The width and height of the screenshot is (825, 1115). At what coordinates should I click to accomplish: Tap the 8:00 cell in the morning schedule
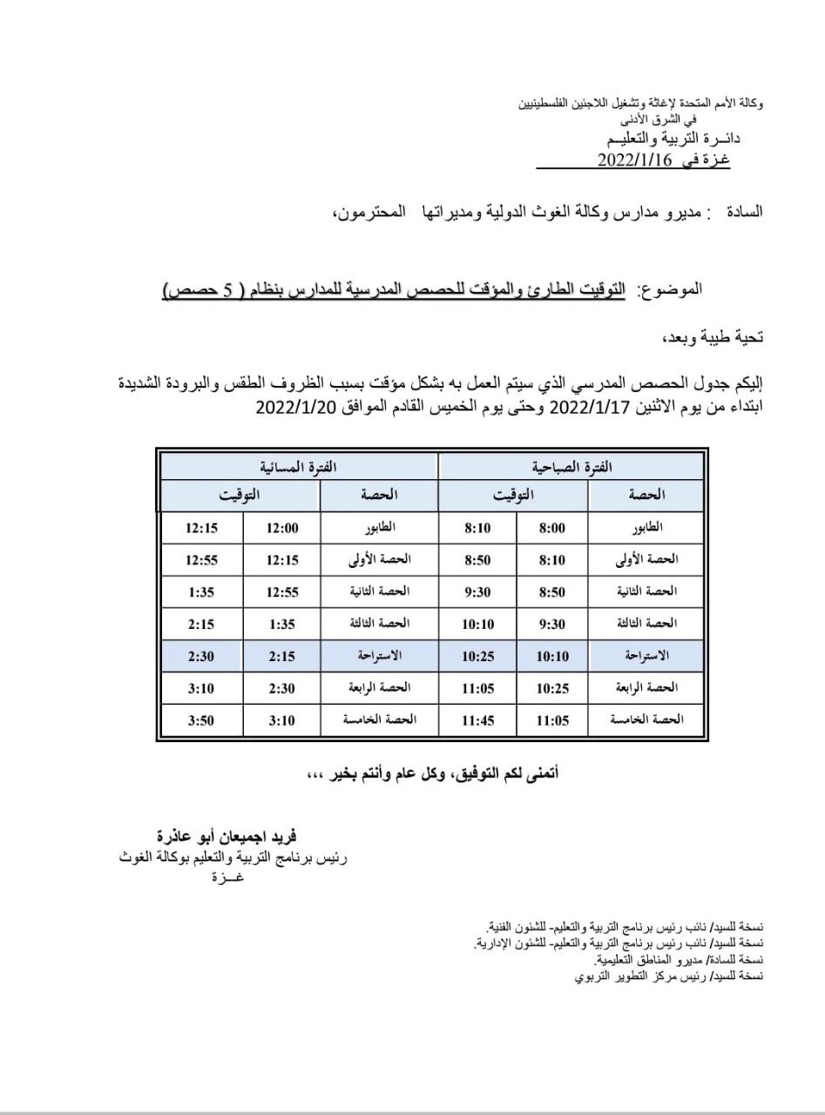point(552,528)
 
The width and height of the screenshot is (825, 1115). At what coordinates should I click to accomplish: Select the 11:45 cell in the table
point(478,720)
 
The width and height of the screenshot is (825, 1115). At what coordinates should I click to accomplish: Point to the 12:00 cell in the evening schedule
point(281,528)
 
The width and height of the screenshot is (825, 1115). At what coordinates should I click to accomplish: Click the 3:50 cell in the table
point(202,720)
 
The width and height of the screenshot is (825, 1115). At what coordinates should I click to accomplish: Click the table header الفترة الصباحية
point(571,467)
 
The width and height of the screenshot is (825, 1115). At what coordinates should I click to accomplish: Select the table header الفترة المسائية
point(299,467)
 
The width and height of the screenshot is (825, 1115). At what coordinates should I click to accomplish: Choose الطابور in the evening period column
point(380,528)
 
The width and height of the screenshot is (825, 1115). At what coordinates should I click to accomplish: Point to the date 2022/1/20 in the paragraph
point(298,406)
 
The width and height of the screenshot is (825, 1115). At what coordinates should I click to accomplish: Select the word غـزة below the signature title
point(228,877)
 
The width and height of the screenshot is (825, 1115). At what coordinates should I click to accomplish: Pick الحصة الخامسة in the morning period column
point(646,720)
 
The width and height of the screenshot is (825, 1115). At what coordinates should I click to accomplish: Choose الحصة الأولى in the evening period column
point(380,560)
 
